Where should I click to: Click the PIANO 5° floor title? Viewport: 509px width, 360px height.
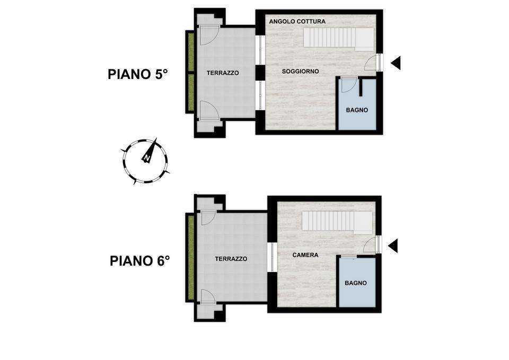tap(138, 74)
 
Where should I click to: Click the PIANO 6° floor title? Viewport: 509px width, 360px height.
tap(140, 261)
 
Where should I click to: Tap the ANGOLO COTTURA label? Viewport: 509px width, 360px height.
tap(297, 21)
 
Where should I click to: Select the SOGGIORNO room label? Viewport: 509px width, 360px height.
tap(300, 71)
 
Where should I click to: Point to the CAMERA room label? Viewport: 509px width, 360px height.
tap(305, 255)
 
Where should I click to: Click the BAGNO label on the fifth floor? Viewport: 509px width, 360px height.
tap(357, 110)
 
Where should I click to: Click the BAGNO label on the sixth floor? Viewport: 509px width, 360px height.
tap(356, 283)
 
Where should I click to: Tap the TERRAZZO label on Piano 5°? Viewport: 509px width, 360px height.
tap(223, 73)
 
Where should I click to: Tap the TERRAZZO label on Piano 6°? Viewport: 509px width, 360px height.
tap(231, 259)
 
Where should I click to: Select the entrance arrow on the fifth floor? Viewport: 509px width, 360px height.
tap(396, 63)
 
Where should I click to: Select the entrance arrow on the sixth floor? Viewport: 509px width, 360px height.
tap(393, 245)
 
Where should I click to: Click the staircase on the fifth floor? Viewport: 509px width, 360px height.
tap(339, 38)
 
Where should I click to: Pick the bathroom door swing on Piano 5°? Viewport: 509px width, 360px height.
tap(349, 84)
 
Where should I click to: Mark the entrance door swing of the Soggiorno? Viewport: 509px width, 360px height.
tap(372, 63)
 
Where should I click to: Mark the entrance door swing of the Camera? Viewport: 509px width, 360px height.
tap(371, 244)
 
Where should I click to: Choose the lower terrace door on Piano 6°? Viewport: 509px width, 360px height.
tap(208, 297)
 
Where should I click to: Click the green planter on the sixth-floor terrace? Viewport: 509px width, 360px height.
tap(190, 258)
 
